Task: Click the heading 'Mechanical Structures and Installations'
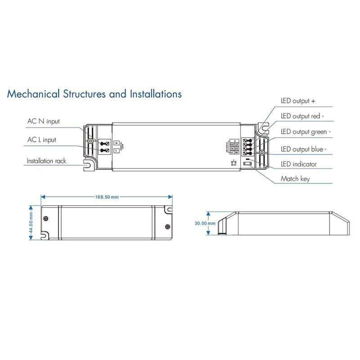point(94,94)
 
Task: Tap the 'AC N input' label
point(43,121)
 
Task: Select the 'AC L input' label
point(41,139)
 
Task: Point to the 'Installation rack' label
point(46,161)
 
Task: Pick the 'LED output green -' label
point(306,132)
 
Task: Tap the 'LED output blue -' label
point(304,149)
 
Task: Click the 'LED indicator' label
point(299,164)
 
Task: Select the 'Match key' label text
point(295,179)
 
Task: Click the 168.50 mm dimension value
point(107,197)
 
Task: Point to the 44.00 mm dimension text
point(31,220)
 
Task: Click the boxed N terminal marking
point(116,142)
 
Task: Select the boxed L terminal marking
point(116,150)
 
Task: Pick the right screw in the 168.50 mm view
point(167,226)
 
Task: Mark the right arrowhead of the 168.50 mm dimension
point(171,197)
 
